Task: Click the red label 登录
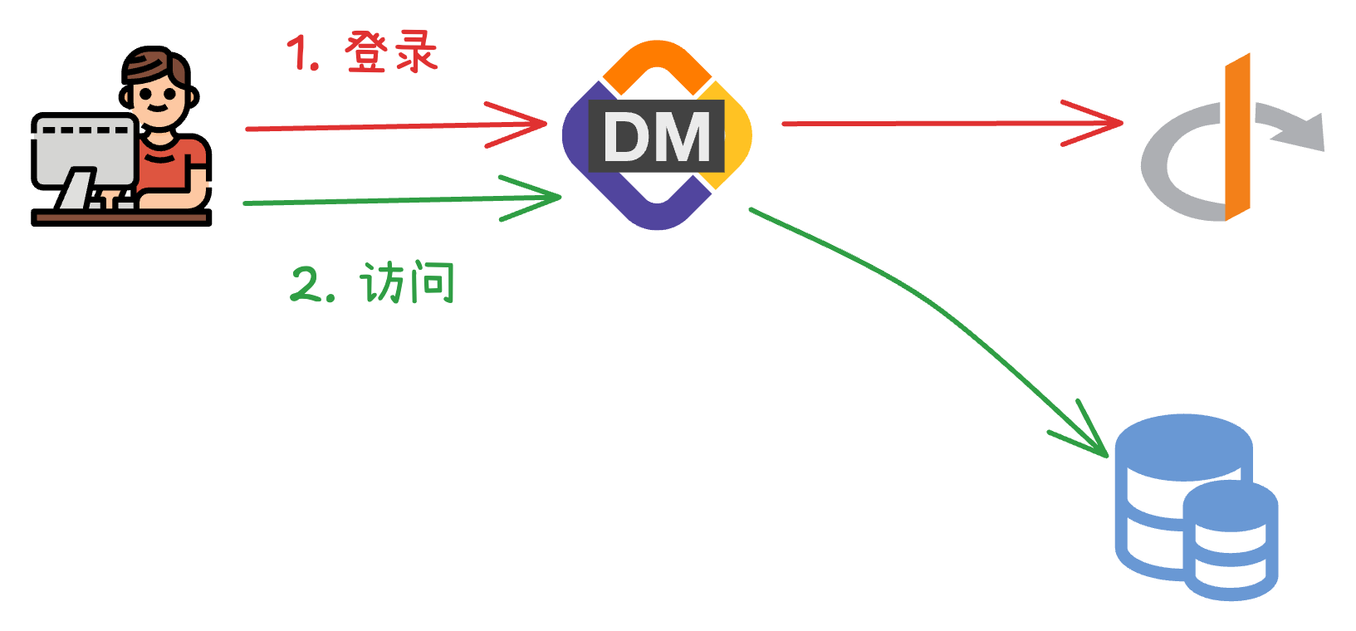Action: pyautogui.click(x=391, y=53)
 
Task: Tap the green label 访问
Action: pyautogui.click(x=408, y=283)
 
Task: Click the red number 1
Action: pyautogui.click(x=300, y=54)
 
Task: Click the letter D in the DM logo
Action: pyautogui.click(x=629, y=137)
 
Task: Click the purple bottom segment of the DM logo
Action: pyautogui.click(x=657, y=211)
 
